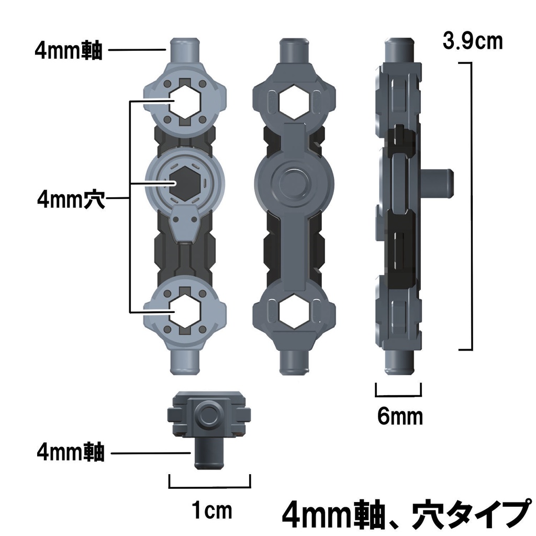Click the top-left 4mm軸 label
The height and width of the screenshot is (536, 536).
click(x=69, y=51)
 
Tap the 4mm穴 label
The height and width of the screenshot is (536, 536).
click(x=71, y=199)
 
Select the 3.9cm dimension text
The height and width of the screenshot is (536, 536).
click(x=472, y=40)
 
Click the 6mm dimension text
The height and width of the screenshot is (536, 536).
click(x=399, y=417)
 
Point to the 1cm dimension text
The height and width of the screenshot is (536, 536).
click(x=211, y=510)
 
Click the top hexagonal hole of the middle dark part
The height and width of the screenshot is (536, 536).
click(x=293, y=100)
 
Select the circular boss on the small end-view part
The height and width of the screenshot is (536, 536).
click(x=209, y=414)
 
